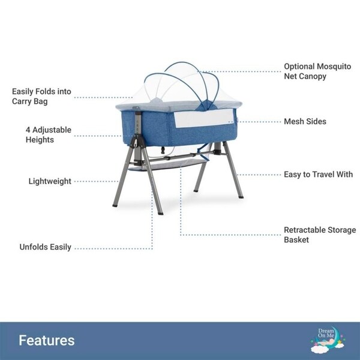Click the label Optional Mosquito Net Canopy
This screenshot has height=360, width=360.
pos(313,71)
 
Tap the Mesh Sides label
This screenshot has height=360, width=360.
pos(305,121)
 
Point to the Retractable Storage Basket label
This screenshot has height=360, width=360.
pos(320,235)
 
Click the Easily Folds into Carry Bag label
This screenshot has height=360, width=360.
pos(42,97)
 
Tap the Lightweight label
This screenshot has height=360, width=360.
pos(50,181)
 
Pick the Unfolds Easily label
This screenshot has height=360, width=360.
pos(45,247)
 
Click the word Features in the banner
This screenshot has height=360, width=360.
pos(47,340)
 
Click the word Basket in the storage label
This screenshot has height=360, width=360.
pos(297,240)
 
